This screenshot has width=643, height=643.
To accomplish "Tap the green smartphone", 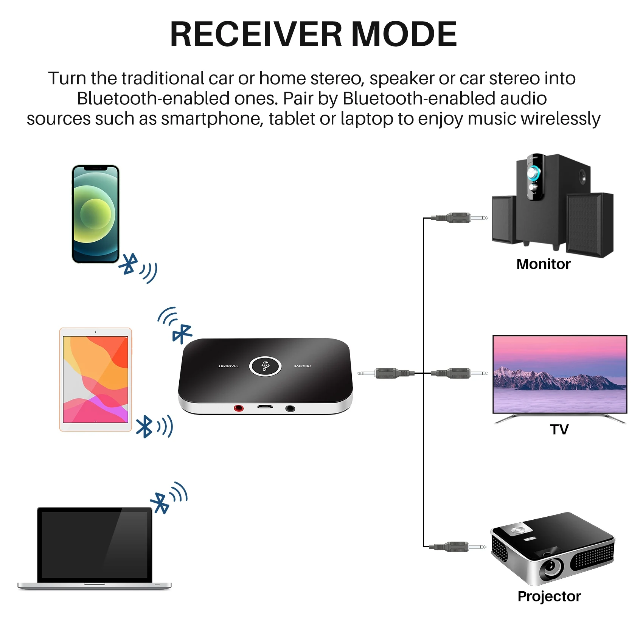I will coord(96,214).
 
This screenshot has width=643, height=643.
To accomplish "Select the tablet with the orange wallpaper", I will coord(96,379).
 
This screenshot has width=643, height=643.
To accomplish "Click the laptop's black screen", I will coord(94,545).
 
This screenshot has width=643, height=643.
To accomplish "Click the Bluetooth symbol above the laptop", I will coord(160,503).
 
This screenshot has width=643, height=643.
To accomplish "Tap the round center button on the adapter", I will coord(265,366).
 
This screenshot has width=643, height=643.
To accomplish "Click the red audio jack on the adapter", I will coord(239,408).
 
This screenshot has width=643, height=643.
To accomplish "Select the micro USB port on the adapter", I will coord(265,407).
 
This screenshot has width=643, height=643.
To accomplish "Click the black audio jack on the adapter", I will coord(290,408).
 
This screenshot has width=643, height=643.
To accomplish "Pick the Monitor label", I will coord(543,264).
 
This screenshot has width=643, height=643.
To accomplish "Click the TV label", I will coord(559,430).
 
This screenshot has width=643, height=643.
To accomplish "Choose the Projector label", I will coord(549,596).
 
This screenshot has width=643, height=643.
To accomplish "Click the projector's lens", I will coord(550,566).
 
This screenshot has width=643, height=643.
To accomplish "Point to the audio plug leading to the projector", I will coord(458,547).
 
